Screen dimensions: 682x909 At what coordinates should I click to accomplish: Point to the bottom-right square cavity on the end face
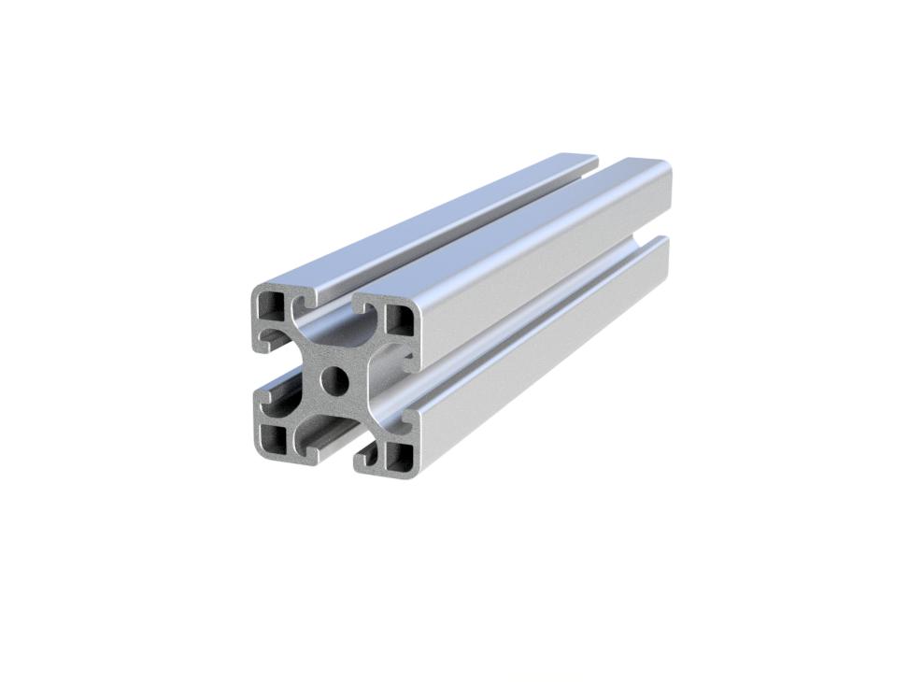click(x=399, y=456)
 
